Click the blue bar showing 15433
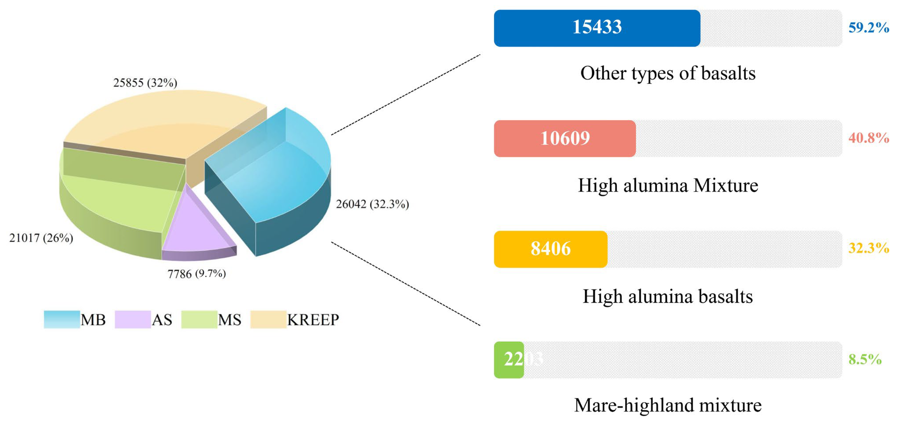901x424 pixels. [597, 28]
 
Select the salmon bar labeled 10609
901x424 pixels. [564, 138]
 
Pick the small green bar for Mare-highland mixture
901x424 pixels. [509, 360]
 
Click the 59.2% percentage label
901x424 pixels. [869, 28]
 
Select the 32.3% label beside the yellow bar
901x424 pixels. [869, 248]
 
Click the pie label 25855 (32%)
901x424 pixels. [145, 83]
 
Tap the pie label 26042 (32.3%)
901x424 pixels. [372, 204]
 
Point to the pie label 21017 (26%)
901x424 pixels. [41, 238]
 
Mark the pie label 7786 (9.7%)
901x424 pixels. [197, 274]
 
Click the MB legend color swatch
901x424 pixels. [62, 319]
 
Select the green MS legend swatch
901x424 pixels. [199, 319]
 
